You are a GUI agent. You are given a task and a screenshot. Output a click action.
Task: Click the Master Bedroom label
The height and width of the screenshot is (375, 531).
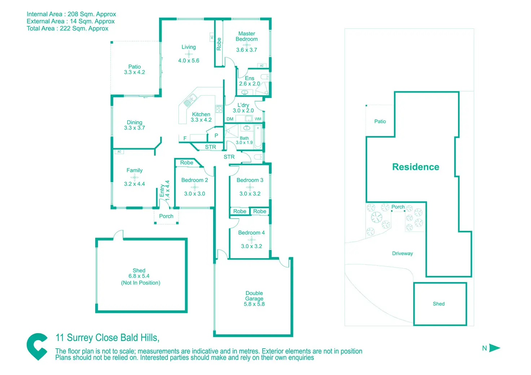246,36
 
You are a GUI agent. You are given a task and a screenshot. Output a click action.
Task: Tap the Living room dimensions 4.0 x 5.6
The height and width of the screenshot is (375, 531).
189,61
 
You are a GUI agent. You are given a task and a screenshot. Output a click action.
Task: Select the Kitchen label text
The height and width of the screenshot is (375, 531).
201,114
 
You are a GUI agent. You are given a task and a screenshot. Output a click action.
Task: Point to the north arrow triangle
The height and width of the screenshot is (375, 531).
495,348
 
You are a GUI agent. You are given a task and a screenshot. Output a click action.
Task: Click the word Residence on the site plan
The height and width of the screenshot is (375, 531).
416,167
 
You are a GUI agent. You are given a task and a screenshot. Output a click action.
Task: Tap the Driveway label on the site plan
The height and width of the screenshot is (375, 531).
402,253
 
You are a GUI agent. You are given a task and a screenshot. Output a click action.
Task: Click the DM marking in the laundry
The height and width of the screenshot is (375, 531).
230,119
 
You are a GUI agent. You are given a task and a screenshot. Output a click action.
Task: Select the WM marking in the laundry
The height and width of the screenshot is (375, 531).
258,119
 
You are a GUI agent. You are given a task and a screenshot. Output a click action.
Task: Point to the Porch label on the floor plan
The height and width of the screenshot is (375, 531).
166,216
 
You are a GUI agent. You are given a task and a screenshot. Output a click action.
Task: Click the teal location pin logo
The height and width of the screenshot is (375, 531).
37,347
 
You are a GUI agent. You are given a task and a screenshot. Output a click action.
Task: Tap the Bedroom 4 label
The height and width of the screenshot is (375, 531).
251,233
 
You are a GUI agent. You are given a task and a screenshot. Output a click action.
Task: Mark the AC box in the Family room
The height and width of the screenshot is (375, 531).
119,151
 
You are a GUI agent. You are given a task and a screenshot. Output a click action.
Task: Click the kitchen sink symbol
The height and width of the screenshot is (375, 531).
190,100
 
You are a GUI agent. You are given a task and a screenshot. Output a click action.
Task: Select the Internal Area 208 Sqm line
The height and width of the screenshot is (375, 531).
71,14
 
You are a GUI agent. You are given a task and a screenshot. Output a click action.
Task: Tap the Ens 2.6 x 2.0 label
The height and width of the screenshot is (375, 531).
249,81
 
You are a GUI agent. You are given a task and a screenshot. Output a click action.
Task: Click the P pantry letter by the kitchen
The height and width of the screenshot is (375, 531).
216,136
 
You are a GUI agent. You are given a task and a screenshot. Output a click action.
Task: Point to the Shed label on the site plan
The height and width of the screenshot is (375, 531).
439,304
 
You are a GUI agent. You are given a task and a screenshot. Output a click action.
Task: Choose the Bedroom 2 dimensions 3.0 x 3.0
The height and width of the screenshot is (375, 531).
195,194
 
